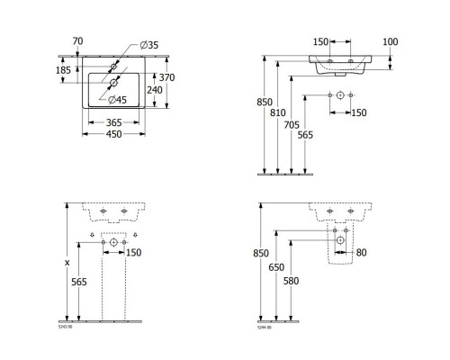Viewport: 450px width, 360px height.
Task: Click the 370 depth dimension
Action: pos(178,78)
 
